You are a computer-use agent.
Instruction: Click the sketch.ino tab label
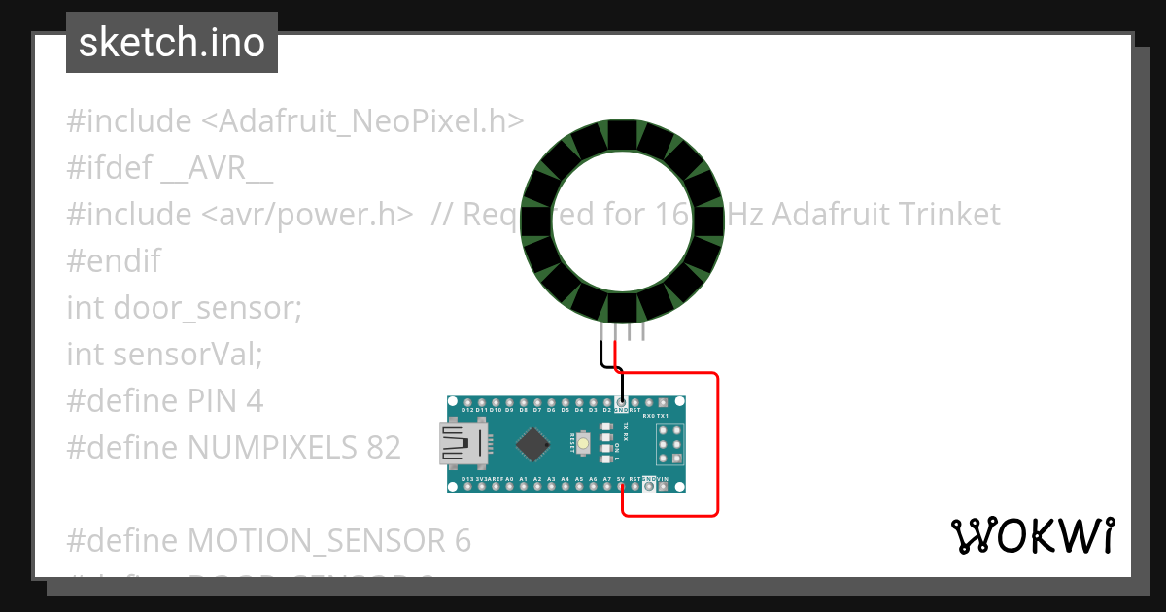[x=172, y=43]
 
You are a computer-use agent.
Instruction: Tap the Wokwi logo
[x=1031, y=534]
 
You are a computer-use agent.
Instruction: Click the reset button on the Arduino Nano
[x=583, y=444]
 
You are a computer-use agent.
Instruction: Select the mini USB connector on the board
[x=463, y=444]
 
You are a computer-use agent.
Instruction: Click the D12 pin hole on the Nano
[x=467, y=402]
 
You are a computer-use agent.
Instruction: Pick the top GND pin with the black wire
[x=621, y=402]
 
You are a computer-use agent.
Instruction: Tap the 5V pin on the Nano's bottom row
[x=621, y=487]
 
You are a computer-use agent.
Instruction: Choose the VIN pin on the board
[x=664, y=487]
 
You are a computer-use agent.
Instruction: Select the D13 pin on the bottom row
[x=467, y=487]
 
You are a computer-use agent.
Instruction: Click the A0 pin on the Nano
[x=509, y=487]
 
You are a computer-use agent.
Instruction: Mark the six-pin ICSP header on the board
[x=668, y=444]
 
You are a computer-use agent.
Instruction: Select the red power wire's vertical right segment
[x=717, y=443]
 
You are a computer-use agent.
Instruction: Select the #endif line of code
[x=114, y=261]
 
